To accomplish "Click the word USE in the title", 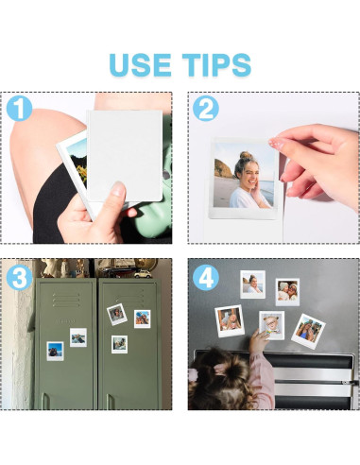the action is click(x=140, y=65).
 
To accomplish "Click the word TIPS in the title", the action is click(x=216, y=65).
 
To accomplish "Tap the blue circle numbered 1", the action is click(x=19, y=109).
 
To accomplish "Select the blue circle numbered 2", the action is click(x=206, y=109).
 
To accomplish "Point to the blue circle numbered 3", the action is click(x=19, y=277).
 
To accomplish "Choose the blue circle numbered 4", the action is click(x=206, y=277).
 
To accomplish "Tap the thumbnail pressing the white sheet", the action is click(x=118, y=189).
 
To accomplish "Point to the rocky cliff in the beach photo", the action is click(x=223, y=168).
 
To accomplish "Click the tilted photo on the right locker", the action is click(x=117, y=315).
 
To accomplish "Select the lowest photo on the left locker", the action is click(x=55, y=351).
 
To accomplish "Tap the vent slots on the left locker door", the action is click(x=66, y=300).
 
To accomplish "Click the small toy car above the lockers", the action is click(x=143, y=274).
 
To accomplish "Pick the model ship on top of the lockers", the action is click(x=116, y=267).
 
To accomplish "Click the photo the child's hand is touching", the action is click(x=271, y=325).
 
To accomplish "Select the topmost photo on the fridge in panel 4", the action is click(x=252, y=284).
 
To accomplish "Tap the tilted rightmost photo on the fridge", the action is click(x=308, y=331).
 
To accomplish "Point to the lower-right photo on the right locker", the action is click(x=119, y=344).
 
